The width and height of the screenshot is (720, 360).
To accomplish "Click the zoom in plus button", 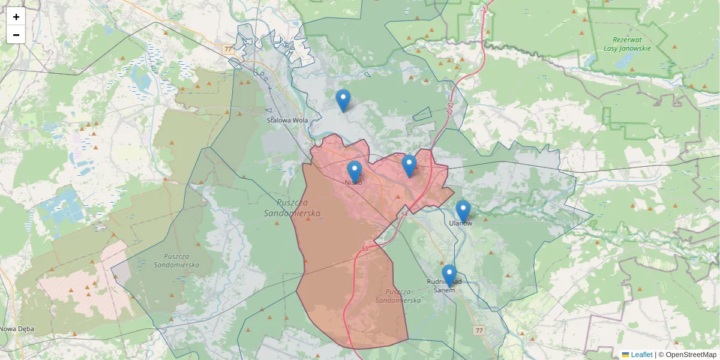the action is [x=16, y=17].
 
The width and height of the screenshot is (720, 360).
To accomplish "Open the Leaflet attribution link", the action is [x=641, y=355].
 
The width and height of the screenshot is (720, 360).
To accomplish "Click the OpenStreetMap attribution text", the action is [x=691, y=355].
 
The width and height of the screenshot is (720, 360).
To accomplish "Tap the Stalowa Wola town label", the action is [x=287, y=120].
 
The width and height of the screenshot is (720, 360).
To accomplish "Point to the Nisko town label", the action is [x=353, y=182].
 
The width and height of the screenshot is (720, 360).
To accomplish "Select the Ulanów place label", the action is [x=461, y=223].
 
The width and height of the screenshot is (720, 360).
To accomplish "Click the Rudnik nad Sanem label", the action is [x=445, y=285].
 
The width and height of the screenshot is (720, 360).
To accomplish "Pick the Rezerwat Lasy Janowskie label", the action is [x=627, y=44].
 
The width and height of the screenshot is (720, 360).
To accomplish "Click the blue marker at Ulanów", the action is [x=463, y=211].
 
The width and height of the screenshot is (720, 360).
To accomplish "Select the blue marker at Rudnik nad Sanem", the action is [x=449, y=275].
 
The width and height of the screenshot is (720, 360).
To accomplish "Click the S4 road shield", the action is [x=404, y=214].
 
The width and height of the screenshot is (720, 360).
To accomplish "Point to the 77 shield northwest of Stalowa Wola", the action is [x=227, y=49].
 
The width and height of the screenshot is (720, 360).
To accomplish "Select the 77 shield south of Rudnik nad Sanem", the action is [x=478, y=331].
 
